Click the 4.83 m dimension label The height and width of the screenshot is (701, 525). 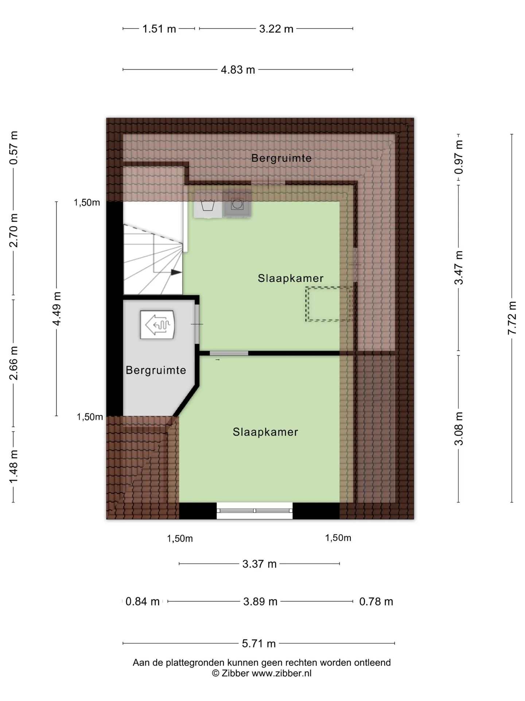[238, 69]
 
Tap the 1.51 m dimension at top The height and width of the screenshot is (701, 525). [159, 28]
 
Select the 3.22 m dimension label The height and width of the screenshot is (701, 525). [276, 28]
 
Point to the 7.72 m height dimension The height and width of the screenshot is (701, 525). [512, 318]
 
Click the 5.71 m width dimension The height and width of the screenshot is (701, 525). [259, 643]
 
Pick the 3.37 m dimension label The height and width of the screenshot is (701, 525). [260, 564]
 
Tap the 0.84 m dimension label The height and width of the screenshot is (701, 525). [143, 601]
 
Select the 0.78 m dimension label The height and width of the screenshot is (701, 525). [376, 601]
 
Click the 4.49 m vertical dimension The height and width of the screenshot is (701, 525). [57, 309]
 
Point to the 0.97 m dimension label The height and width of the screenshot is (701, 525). [459, 157]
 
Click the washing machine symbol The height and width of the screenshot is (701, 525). [237, 204]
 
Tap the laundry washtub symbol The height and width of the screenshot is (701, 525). [208, 205]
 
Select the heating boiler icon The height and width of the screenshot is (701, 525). [157, 324]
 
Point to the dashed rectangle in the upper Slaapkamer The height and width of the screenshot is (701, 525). [328, 304]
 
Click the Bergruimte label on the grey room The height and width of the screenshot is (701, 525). [156, 370]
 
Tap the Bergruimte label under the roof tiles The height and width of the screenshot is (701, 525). [281, 158]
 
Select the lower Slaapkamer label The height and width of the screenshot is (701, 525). [265, 432]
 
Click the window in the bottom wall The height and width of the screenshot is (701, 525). [254, 510]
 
